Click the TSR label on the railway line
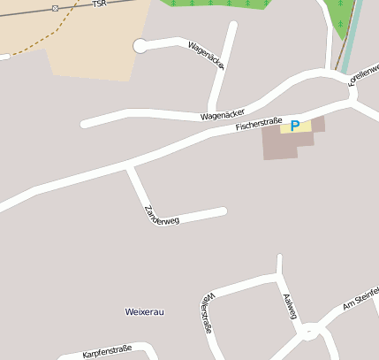98,4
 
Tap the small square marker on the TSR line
56,8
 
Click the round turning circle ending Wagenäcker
140,46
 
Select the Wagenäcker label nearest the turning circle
207,55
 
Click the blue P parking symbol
295,126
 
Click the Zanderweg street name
161,215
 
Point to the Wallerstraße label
207,312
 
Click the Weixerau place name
146,312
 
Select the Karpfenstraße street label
107,352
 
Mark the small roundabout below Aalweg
309,333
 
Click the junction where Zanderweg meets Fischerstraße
129,165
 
